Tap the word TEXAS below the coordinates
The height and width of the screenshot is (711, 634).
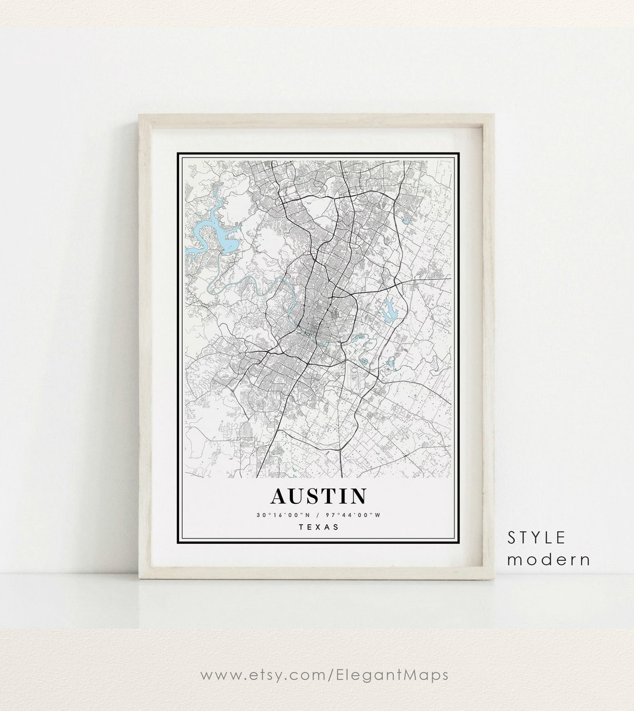click(319, 527)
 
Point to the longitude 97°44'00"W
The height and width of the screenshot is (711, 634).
click(356, 515)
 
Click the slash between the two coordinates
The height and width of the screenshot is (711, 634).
click(318, 515)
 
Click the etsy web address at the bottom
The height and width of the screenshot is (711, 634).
click(325, 675)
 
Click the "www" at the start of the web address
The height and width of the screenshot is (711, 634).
click(215, 675)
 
